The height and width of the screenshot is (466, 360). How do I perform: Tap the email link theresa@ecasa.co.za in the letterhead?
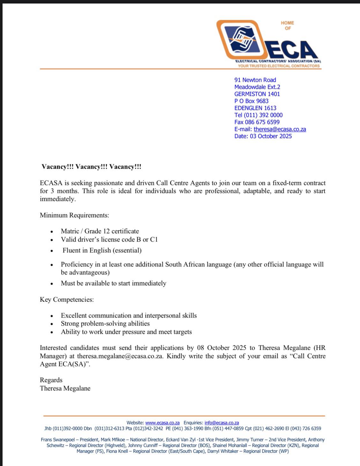[280, 129]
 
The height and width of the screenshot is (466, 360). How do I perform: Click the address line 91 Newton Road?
[255, 80]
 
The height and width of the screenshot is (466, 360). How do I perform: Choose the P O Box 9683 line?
[251, 101]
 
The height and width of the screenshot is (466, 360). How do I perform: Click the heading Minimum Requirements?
[74, 215]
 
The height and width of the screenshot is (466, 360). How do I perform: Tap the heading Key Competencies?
[67, 300]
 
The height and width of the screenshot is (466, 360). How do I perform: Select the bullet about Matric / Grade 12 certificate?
[100, 231]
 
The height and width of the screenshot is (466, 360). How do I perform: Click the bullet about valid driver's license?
[109, 240]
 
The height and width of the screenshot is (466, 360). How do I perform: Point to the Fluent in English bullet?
[102, 250]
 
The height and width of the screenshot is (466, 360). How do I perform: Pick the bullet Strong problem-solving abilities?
[105, 324]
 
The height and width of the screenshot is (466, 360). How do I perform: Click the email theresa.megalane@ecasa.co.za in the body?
[120, 356]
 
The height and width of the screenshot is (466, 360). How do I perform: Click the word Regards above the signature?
[51, 380]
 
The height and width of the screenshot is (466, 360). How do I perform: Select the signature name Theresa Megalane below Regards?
[65, 388]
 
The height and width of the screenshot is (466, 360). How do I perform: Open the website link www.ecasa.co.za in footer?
[162, 423]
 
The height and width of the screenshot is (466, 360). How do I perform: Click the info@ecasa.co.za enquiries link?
[221, 423]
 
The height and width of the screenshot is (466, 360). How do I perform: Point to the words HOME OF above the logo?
[287, 26]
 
